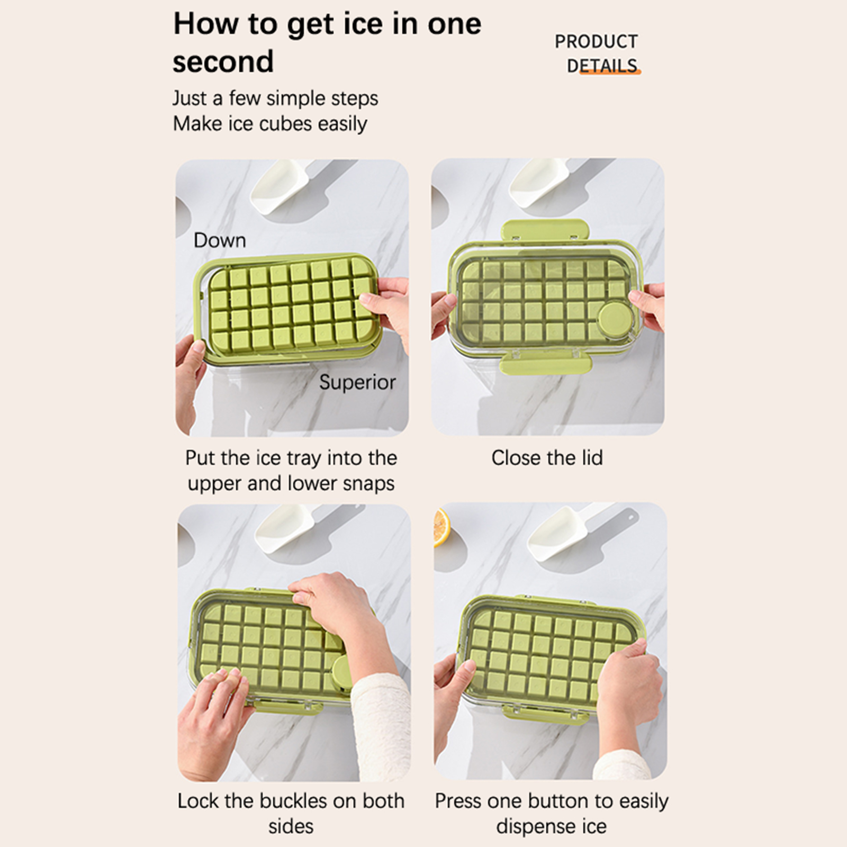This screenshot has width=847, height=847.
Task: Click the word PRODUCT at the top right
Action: (596, 41)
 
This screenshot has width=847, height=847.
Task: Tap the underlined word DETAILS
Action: (602, 66)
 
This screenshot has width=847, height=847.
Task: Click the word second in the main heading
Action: (223, 61)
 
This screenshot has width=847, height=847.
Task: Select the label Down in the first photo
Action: (220, 240)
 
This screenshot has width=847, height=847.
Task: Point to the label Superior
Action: (357, 382)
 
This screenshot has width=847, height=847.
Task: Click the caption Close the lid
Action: (547, 458)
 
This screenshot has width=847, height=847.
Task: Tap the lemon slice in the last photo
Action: (439, 527)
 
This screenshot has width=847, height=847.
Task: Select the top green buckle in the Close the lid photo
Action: (545, 231)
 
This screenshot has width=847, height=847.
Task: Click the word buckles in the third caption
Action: (293, 801)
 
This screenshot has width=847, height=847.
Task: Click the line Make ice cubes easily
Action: (270, 124)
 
